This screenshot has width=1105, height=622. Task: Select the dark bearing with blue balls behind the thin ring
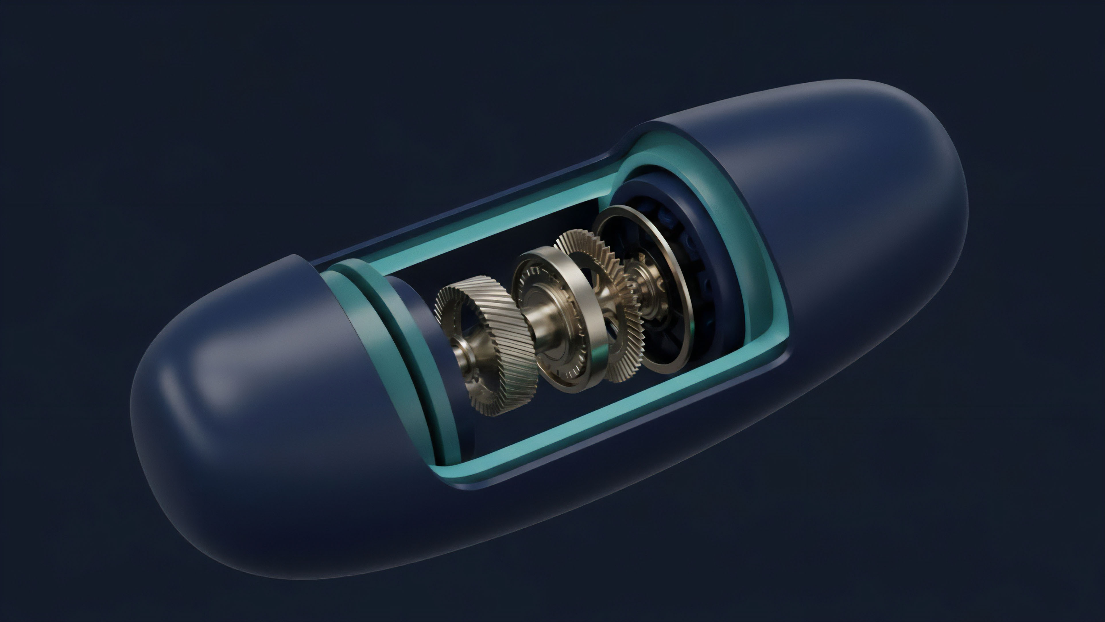[x=703, y=275]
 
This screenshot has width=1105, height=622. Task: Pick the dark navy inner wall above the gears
[x=515, y=240]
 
